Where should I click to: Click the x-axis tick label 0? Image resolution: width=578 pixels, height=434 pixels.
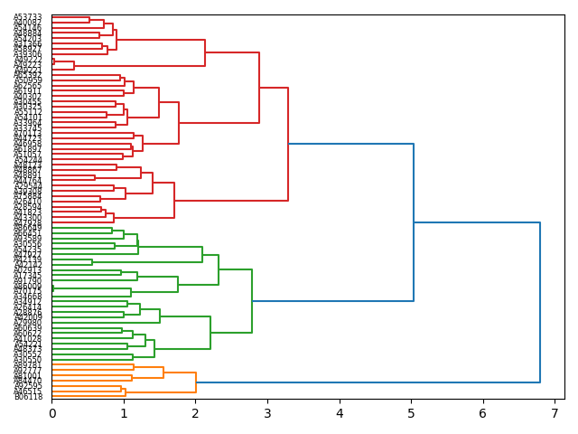tap(51, 413)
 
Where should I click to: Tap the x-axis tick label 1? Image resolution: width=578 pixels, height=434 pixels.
tap(124, 413)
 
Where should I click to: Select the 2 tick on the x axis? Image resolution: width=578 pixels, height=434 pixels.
tap(195, 413)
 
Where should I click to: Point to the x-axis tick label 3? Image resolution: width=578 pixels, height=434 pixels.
tap(267, 413)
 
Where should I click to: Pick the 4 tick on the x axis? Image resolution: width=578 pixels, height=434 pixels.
tap(340, 413)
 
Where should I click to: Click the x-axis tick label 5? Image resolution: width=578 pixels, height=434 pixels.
tap(411, 413)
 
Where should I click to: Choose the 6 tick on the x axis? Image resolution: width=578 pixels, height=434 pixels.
tap(483, 413)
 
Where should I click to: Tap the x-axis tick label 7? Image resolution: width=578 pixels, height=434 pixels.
tap(555, 413)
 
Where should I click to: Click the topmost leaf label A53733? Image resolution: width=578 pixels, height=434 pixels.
tap(28, 17)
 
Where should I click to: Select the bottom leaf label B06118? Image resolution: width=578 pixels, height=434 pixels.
tap(28, 397)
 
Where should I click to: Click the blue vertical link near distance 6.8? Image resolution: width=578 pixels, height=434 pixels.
tap(540, 302)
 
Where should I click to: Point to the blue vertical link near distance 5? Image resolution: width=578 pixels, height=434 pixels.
tap(414, 222)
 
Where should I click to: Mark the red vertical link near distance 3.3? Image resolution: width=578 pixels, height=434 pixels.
tap(288, 145)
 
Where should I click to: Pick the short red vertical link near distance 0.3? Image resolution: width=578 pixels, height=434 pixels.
tap(74, 65)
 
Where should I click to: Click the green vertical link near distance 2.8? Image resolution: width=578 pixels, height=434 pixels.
tap(252, 301)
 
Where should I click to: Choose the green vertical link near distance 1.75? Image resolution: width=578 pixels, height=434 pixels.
tap(178, 283)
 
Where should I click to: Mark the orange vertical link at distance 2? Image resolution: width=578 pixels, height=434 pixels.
tap(196, 382)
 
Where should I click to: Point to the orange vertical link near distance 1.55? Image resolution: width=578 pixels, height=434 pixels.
tap(163, 373)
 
